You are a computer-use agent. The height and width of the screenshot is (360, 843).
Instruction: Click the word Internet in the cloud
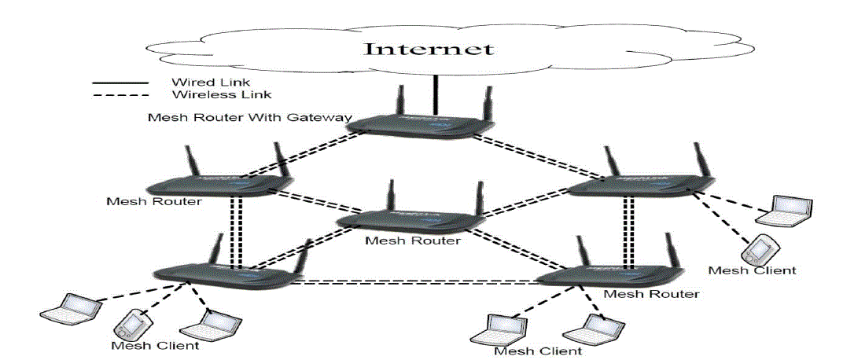pos(428,49)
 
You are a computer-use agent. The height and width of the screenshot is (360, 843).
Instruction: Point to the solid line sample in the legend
pos(120,83)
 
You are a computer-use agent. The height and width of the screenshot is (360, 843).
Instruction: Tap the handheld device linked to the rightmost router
pos(756,250)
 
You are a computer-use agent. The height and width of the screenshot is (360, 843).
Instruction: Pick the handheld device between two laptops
pos(133,322)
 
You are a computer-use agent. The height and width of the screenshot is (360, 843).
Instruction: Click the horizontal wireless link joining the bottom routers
pos(417,281)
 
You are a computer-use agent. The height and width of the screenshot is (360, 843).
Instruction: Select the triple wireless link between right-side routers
pos(627,233)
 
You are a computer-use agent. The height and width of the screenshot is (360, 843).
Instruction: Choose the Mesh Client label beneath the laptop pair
pos(538,350)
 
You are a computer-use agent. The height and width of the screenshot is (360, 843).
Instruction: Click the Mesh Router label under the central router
pos(413,241)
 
